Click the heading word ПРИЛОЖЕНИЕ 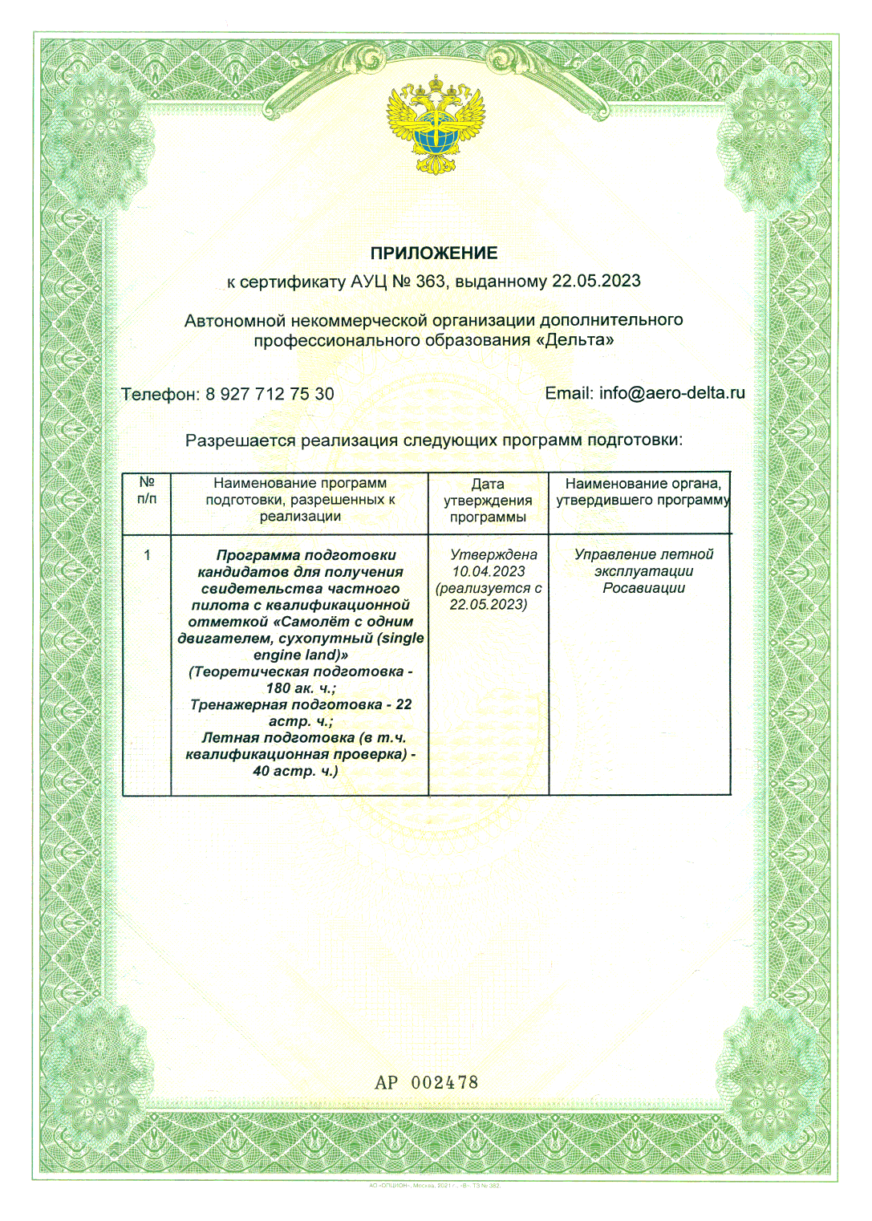(434, 254)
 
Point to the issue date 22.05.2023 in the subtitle (596, 282)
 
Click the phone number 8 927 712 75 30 (270, 395)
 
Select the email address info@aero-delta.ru (672, 393)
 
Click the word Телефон (160, 395)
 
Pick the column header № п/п (147, 490)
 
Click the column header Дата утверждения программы (488, 501)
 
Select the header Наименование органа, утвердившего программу (643, 492)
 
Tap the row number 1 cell (147, 555)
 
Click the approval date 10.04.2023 (489, 571)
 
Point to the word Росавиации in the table (643, 588)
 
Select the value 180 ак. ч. (301, 688)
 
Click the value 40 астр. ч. (295, 771)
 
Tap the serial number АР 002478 (426, 1082)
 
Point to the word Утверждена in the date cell (493, 554)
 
